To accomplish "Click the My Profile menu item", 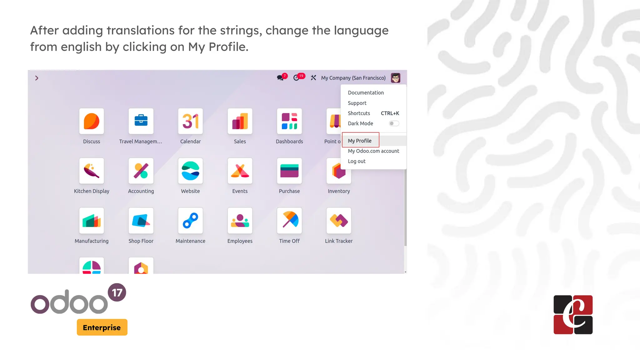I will pyautogui.click(x=360, y=141).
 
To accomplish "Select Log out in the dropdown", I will pyautogui.click(x=357, y=161).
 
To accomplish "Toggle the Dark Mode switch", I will pyautogui.click(x=394, y=123).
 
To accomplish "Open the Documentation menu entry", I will pyautogui.click(x=366, y=93).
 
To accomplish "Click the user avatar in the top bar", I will pyautogui.click(x=395, y=78).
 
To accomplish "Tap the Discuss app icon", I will pyautogui.click(x=92, y=121).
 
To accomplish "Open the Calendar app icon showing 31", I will pyautogui.click(x=190, y=121).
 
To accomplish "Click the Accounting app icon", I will pyautogui.click(x=141, y=171).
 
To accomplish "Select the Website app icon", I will pyautogui.click(x=190, y=171).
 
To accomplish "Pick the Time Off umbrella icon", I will pyautogui.click(x=289, y=221).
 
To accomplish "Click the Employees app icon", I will pyautogui.click(x=240, y=221).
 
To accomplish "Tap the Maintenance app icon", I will pyautogui.click(x=190, y=221).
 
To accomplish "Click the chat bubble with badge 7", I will pyautogui.click(x=280, y=78).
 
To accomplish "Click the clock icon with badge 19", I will pyautogui.click(x=297, y=78).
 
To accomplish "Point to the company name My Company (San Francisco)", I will pyautogui.click(x=353, y=78).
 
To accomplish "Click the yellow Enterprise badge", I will pyautogui.click(x=102, y=327).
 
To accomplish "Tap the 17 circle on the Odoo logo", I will pyautogui.click(x=117, y=292).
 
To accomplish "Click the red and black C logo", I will pyautogui.click(x=573, y=315).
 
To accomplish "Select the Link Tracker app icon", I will pyautogui.click(x=339, y=221).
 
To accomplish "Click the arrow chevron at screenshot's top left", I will pyautogui.click(x=37, y=78).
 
